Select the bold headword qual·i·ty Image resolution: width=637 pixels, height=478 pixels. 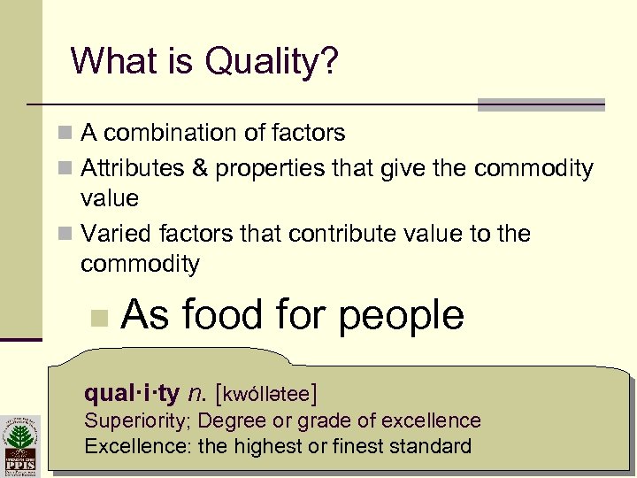point(131,391)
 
